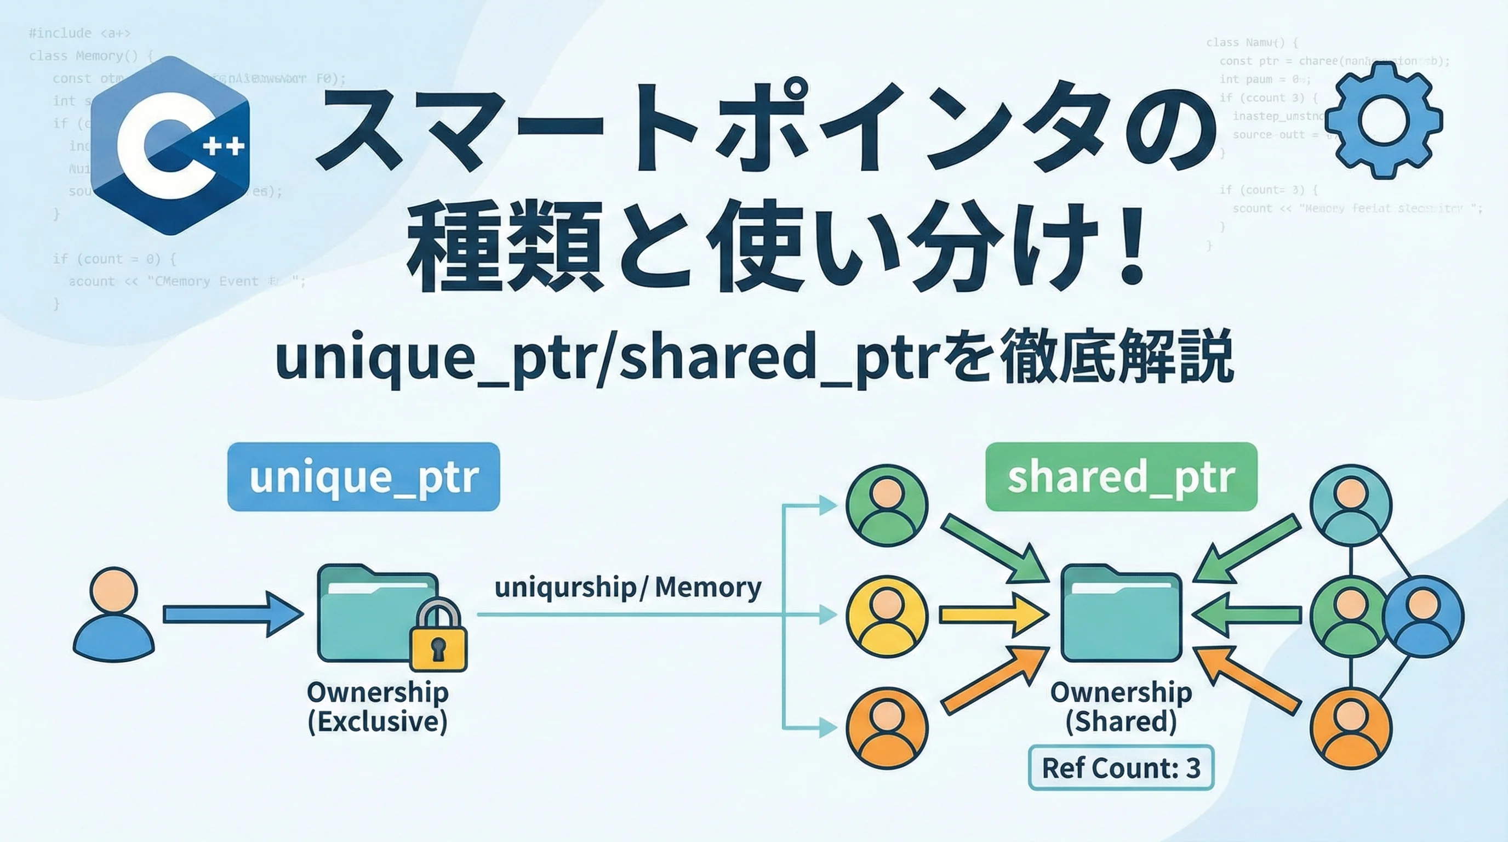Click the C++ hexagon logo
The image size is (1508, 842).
[x=170, y=146]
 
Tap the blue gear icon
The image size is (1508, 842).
[x=1383, y=121]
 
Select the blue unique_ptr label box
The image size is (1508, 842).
[x=363, y=476]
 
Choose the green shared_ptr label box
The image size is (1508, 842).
[x=1121, y=476]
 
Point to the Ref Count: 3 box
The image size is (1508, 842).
[x=1121, y=767]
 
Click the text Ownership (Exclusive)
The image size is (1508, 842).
[x=378, y=707]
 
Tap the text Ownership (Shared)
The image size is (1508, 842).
[x=1121, y=707]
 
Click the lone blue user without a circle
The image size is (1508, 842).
[x=113, y=612]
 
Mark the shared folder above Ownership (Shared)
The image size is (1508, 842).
[x=1121, y=613]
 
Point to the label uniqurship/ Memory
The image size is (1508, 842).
[x=627, y=587]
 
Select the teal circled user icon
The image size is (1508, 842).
[x=1351, y=505]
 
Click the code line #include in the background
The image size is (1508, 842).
[x=79, y=33]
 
